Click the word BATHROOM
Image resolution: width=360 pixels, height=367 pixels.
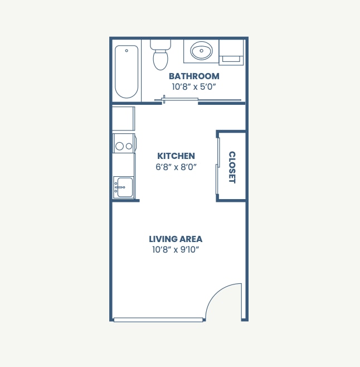pyautogui.click(x=194, y=76)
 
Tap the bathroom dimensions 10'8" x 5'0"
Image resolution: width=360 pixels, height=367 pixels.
pyautogui.click(x=194, y=87)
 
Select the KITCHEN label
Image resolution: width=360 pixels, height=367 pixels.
pyautogui.click(x=176, y=156)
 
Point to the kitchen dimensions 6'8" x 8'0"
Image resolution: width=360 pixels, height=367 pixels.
pyautogui.click(x=176, y=167)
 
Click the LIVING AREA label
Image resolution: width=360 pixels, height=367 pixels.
pyautogui.click(x=176, y=239)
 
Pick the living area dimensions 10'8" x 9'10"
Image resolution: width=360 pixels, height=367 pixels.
pyautogui.click(x=176, y=250)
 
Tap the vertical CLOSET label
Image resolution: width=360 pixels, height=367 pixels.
pyautogui.click(x=232, y=167)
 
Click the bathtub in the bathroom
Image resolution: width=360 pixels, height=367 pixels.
pyautogui.click(x=127, y=71)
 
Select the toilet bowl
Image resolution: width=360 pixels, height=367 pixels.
pyautogui.click(x=160, y=60)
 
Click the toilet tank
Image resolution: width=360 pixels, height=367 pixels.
pyautogui.click(x=160, y=44)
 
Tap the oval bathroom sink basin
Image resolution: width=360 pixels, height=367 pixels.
pyautogui.click(x=201, y=51)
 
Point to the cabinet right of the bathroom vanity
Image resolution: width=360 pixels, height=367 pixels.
pyautogui.click(x=231, y=50)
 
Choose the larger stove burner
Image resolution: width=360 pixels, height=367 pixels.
pyautogui.click(x=119, y=147)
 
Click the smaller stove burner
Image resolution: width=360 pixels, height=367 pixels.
pyautogui.click(x=129, y=146)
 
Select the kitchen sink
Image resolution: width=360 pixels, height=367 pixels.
pyautogui.click(x=124, y=187)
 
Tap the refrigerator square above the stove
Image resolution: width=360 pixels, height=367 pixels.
pyautogui.click(x=123, y=118)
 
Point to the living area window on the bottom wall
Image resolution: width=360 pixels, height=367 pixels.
pyautogui.click(x=158, y=320)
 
